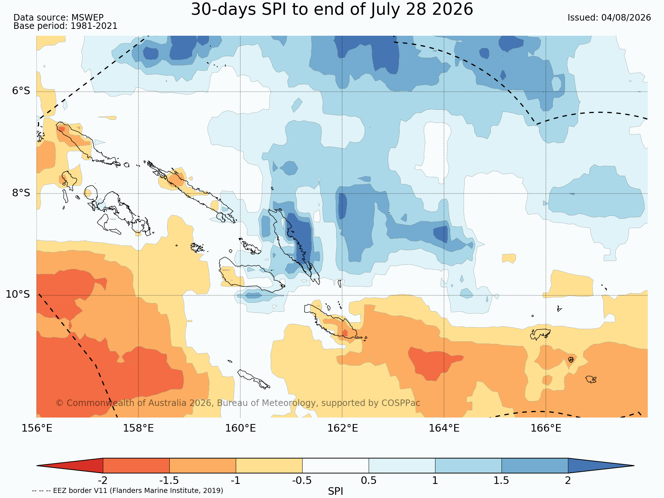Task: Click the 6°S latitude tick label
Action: click(21, 91)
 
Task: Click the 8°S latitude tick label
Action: click(21, 193)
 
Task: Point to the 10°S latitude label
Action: click(18, 294)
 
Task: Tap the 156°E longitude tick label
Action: click(37, 428)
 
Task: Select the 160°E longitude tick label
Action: click(240, 428)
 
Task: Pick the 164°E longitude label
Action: click(444, 428)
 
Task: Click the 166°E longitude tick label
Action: click(546, 428)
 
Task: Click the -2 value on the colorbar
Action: click(103, 481)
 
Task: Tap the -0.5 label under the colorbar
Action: click(302, 481)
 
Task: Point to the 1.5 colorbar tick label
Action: click(502, 481)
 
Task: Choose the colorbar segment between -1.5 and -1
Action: click(203, 466)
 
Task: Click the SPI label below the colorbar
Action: click(335, 491)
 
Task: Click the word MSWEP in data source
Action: click(87, 18)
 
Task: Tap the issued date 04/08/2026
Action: click(626, 18)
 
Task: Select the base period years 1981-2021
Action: click(94, 26)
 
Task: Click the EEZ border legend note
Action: click(127, 490)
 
